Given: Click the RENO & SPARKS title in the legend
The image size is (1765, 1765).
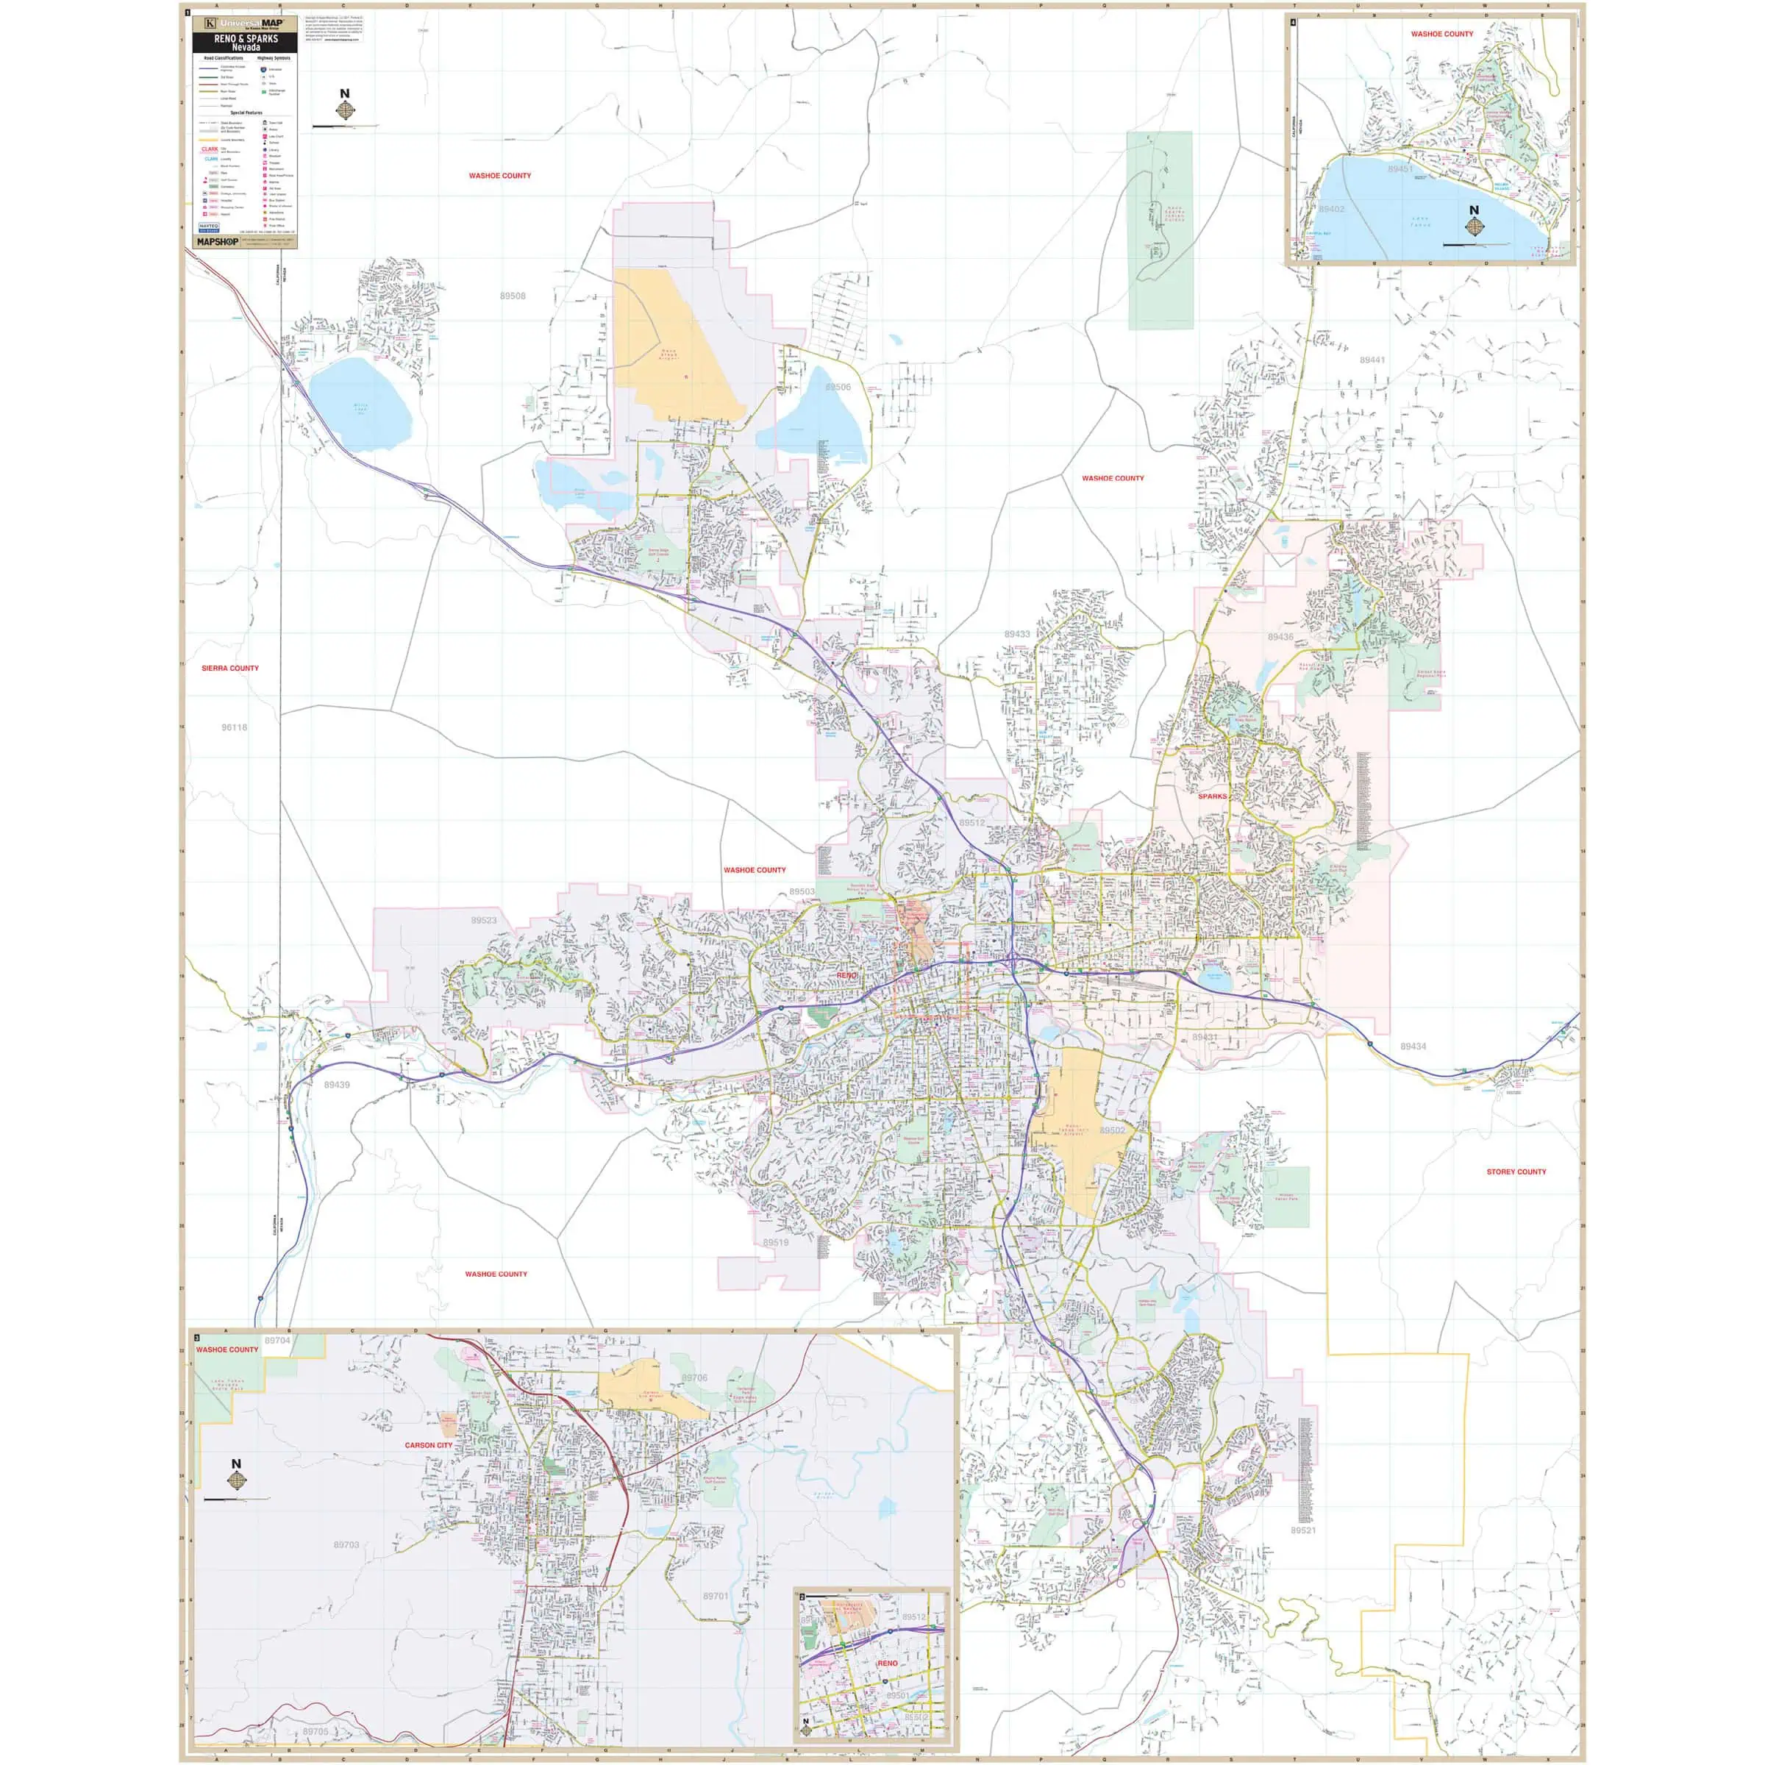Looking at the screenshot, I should (245, 42).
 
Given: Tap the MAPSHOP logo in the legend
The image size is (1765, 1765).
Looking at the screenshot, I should (218, 242).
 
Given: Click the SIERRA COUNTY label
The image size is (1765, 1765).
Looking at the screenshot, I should (230, 668).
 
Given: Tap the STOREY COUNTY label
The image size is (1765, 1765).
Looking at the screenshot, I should (1516, 1172).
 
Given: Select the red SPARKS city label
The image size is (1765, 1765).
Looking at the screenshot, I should (1212, 796).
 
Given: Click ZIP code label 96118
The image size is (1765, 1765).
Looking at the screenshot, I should (234, 728).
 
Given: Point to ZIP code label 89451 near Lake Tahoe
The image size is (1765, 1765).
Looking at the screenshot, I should (1399, 170).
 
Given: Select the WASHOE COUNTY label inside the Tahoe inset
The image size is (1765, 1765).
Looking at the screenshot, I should (1441, 35).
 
